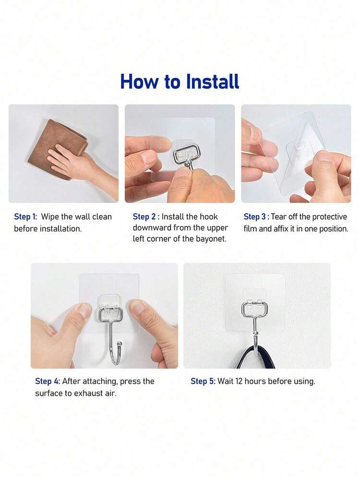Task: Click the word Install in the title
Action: (x=213, y=81)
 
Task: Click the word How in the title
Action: (x=140, y=81)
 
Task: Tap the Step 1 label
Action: (x=25, y=217)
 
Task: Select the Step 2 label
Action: (x=144, y=217)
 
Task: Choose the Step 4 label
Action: (x=47, y=381)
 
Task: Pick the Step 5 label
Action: (x=203, y=381)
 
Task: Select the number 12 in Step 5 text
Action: (x=239, y=382)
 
